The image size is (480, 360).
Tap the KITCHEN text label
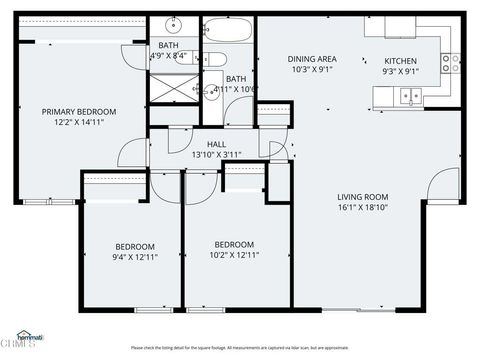[x=401, y=61]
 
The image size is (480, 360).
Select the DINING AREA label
[x=311, y=59]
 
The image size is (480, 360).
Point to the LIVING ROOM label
[x=362, y=197]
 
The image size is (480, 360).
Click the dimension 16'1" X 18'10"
[x=362, y=210]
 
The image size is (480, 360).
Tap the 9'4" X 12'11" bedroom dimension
[x=134, y=257]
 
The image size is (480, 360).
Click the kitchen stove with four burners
[x=453, y=62]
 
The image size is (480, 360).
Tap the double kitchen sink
[x=410, y=97]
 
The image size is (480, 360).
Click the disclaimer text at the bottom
[x=239, y=348]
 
